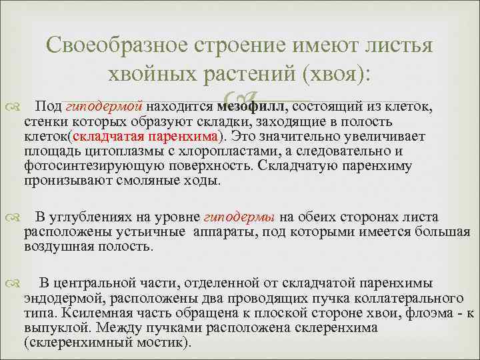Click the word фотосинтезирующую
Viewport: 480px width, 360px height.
79,166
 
